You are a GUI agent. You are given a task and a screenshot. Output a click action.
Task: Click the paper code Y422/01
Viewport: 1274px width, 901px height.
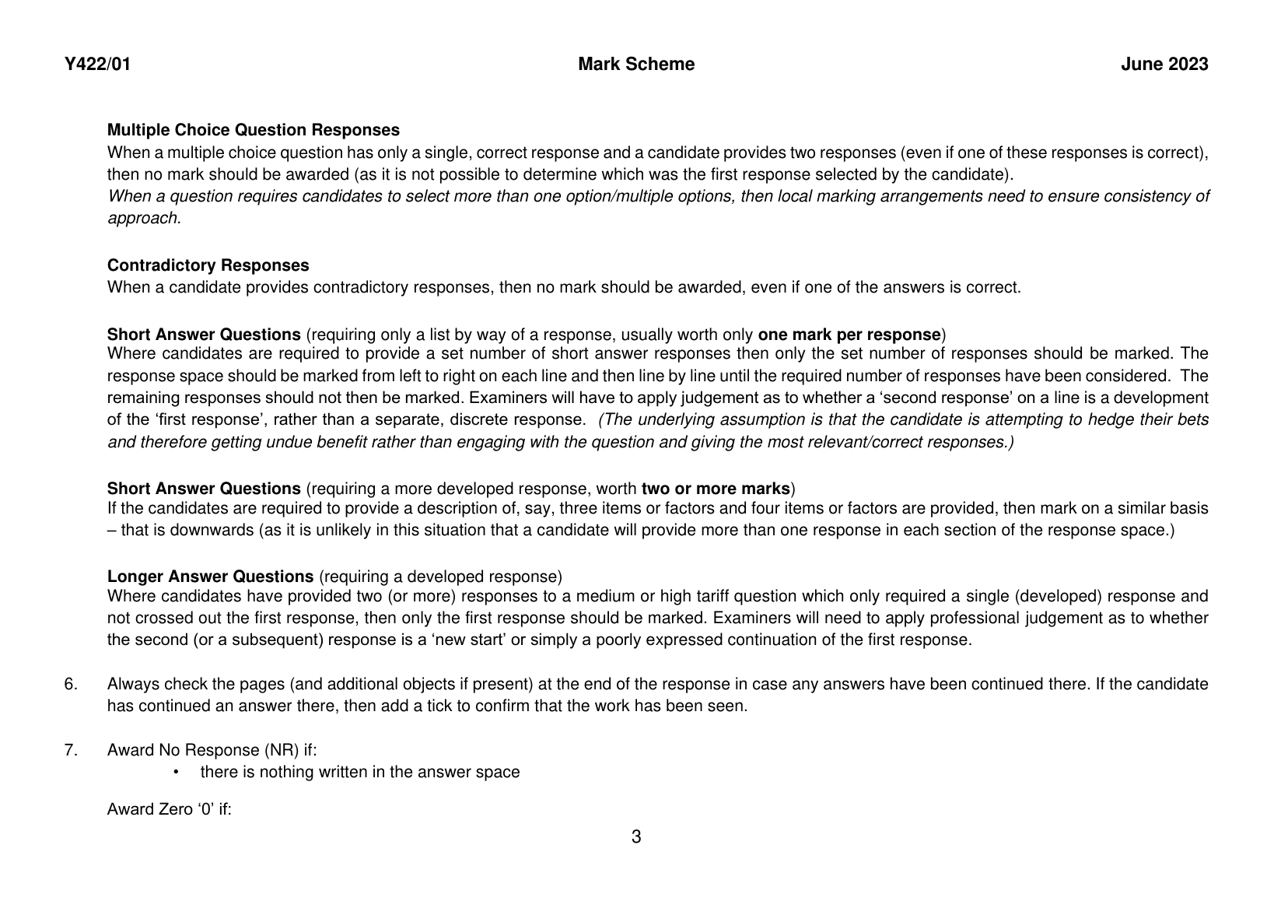click(97, 65)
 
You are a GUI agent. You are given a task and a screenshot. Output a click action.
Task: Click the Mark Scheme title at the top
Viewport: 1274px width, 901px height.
click(636, 65)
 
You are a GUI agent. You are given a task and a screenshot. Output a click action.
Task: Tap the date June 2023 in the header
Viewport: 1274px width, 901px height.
click(1164, 65)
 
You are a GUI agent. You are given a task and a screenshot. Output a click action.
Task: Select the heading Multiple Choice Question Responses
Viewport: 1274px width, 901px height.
click(254, 130)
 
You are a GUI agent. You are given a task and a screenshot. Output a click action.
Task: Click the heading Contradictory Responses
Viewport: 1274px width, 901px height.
click(208, 265)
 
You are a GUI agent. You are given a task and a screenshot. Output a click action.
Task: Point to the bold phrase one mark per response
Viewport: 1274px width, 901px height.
click(849, 335)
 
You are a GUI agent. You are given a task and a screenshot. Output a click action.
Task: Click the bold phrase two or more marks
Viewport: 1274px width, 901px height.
click(716, 489)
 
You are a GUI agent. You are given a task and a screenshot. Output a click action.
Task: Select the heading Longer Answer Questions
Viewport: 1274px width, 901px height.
click(210, 577)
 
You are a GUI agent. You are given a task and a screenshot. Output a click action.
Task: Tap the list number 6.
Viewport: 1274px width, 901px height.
click(71, 685)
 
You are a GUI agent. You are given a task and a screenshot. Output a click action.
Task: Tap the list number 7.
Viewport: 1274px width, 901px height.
click(71, 750)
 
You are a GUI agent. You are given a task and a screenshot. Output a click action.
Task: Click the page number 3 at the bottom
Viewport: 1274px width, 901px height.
click(636, 837)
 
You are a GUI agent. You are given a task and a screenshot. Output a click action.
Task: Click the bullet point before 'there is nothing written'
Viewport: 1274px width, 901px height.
click(177, 773)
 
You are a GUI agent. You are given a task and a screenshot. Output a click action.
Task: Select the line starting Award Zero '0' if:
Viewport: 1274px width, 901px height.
click(170, 809)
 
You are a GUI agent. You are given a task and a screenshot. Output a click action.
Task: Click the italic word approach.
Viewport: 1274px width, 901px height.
click(144, 219)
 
